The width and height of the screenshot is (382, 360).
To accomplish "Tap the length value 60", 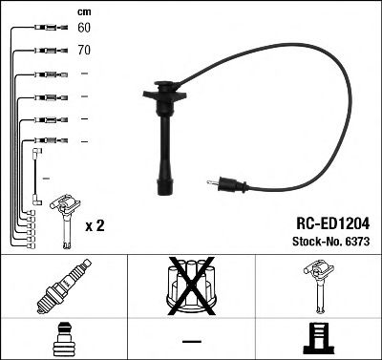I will pyautogui.click(x=85, y=28).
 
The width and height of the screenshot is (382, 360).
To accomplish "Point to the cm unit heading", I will pyautogui.click(x=84, y=11).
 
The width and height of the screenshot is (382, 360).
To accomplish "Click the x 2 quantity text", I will pyautogui.click(x=95, y=225).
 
